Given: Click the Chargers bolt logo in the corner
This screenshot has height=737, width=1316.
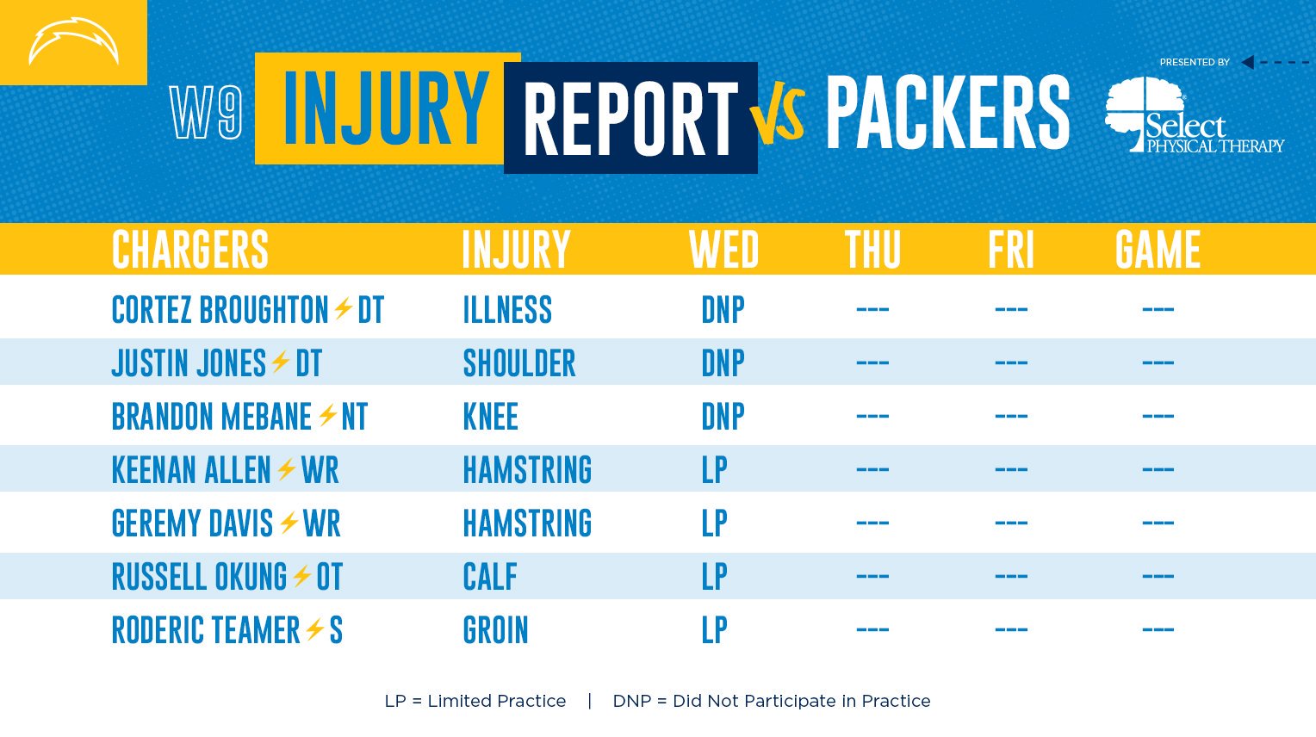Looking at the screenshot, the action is pyautogui.click(x=73, y=41).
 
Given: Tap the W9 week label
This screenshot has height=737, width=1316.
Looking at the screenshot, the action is pyautogui.click(x=206, y=112).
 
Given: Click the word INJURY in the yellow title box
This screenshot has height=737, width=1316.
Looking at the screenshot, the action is pyautogui.click(x=386, y=108).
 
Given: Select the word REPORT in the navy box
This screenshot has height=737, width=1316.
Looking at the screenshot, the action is pyautogui.click(x=630, y=118).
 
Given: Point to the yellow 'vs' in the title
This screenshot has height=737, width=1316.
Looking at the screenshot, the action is pyautogui.click(x=777, y=116).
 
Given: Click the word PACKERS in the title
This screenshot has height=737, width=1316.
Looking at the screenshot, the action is pyautogui.click(x=947, y=112).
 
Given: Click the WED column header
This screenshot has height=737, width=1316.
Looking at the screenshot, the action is pyautogui.click(x=723, y=249).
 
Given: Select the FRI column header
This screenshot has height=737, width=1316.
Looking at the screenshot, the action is pyautogui.click(x=1010, y=249).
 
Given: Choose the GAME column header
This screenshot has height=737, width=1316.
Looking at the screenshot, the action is pyautogui.click(x=1158, y=249).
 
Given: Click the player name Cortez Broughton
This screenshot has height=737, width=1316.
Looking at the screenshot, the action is pyautogui.click(x=220, y=309).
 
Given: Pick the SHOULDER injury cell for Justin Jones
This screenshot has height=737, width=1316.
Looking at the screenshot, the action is pyautogui.click(x=519, y=363).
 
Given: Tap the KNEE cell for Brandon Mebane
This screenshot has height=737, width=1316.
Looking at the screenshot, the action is pyautogui.click(x=491, y=417).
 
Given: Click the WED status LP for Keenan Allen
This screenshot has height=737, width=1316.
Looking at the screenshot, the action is pyautogui.click(x=714, y=470).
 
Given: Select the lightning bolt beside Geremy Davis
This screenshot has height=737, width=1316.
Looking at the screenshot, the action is pyautogui.click(x=289, y=523).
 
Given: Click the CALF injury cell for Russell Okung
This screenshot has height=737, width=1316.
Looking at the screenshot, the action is pyautogui.click(x=490, y=577).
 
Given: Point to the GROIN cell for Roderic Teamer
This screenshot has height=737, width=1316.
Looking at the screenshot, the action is pyautogui.click(x=496, y=630).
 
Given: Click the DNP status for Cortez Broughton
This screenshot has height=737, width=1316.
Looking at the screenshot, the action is pyautogui.click(x=723, y=309).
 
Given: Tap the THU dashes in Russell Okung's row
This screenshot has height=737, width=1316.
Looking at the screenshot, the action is pyautogui.click(x=872, y=576).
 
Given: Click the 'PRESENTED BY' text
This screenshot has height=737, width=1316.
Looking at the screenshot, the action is pyautogui.click(x=1195, y=62).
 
